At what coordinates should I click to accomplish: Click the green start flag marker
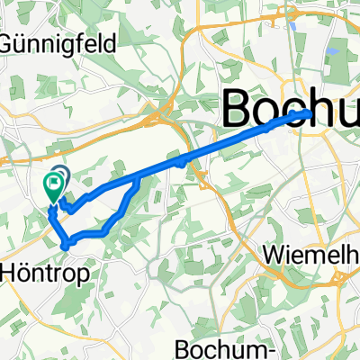click(x=52, y=186)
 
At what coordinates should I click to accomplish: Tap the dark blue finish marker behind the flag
click(x=61, y=175)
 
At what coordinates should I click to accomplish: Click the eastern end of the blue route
click(x=311, y=112)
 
